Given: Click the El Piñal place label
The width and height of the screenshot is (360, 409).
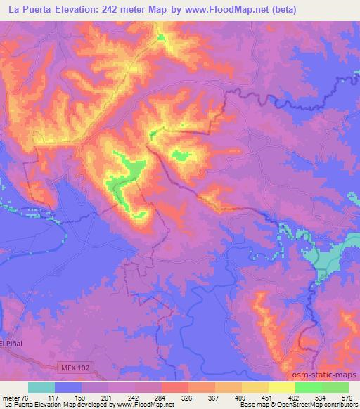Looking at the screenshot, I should click(12, 343).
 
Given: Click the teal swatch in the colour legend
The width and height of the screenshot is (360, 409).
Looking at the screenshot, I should click(41, 387).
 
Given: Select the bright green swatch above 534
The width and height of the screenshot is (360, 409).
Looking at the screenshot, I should click(309, 387).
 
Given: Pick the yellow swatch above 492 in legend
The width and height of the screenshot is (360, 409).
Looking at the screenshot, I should click(282, 387).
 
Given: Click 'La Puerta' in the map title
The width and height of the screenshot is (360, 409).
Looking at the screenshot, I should click(27, 10).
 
